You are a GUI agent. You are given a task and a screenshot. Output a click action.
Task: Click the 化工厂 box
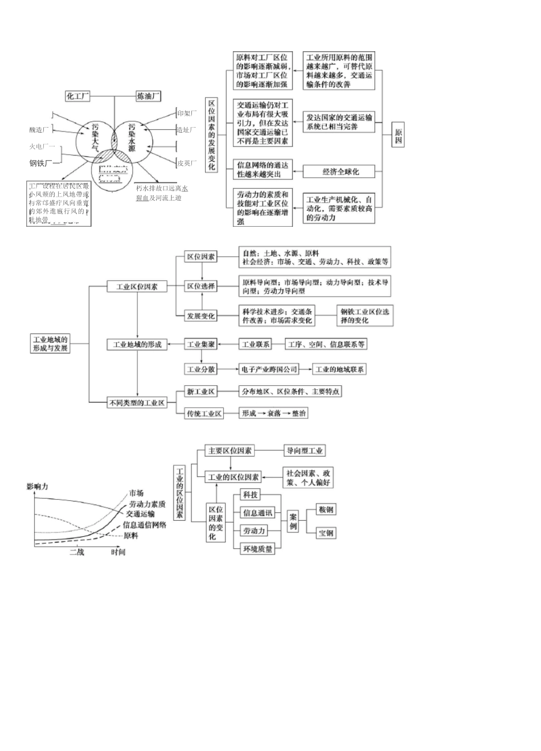coord(78,96)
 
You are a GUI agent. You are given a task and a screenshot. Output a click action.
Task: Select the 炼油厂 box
coord(149,96)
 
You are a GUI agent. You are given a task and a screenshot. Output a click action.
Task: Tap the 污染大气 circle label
coord(95,137)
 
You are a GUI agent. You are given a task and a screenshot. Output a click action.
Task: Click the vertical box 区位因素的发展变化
coord(212,135)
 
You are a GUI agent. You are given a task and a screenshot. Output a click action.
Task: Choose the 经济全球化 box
coord(341,172)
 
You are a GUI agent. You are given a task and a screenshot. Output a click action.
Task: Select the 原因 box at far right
coord(398,136)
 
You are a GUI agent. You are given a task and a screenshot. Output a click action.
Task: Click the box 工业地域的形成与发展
coord(50,344)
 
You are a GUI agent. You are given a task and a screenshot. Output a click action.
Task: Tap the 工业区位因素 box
coord(137,287)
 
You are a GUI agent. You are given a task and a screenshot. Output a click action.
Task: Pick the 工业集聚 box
coord(201,344)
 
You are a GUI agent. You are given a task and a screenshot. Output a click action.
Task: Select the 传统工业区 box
coord(204,414)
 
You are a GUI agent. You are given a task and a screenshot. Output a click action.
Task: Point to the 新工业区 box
coord(201,391)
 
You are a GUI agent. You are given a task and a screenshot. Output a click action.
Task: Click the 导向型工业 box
coord(305,451)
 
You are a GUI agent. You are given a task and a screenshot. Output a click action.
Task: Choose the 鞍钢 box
coord(326,509)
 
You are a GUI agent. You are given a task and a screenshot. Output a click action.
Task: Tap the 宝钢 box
coord(326,533)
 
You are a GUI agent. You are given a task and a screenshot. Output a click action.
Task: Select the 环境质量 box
coord(257,549)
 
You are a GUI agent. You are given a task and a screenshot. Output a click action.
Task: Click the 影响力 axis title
coord(37,487)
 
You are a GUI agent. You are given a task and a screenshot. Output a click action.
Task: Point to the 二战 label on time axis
coord(77,552)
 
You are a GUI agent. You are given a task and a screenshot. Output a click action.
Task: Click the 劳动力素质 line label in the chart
coord(147,504)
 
